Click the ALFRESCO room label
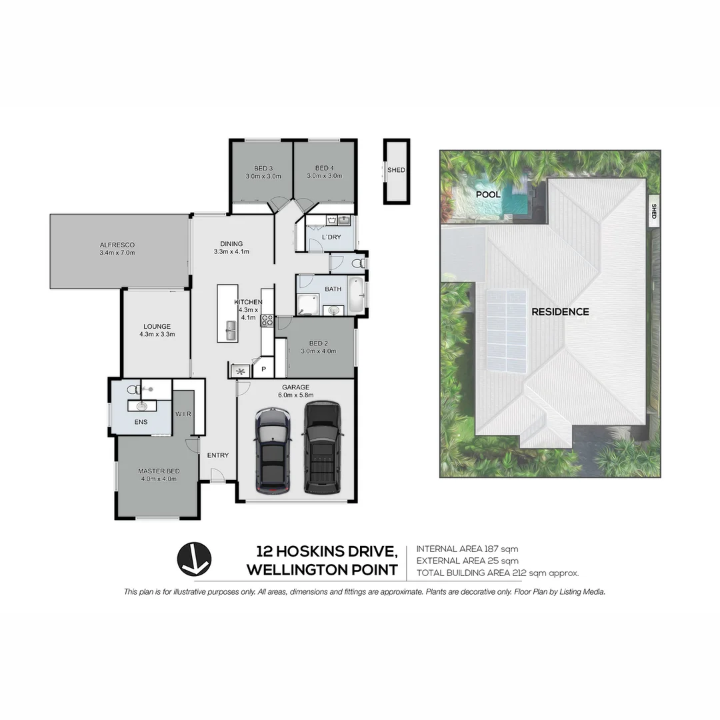pyautogui.click(x=117, y=245)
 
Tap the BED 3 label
pyautogui.click(x=263, y=167)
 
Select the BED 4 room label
pyautogui.click(x=324, y=167)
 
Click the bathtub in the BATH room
pyautogui.click(x=357, y=295)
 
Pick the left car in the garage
pyautogui.click(x=272, y=451)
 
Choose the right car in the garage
pyautogui.click(x=322, y=447)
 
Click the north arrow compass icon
pyautogui.click(x=194, y=559)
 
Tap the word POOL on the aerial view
pyautogui.click(x=487, y=194)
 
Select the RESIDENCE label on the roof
pyautogui.click(x=560, y=311)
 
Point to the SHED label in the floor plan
pyautogui.click(x=396, y=170)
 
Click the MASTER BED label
pyautogui.click(x=158, y=471)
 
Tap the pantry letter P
pyautogui.click(x=263, y=369)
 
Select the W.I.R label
pyautogui.click(x=183, y=414)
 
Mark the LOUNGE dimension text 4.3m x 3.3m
pyautogui.click(x=158, y=335)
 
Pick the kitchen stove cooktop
pyautogui.click(x=267, y=319)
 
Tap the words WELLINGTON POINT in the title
pyautogui.click(x=322, y=570)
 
